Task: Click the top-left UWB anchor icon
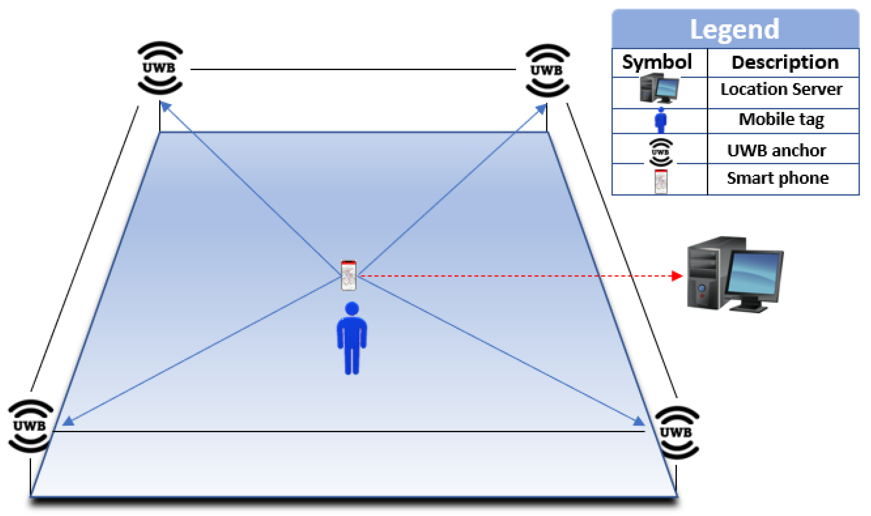[x=160, y=68]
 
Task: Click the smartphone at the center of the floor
[x=348, y=275]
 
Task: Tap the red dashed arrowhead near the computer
[x=677, y=276]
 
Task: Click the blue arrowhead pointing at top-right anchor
[x=541, y=109]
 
